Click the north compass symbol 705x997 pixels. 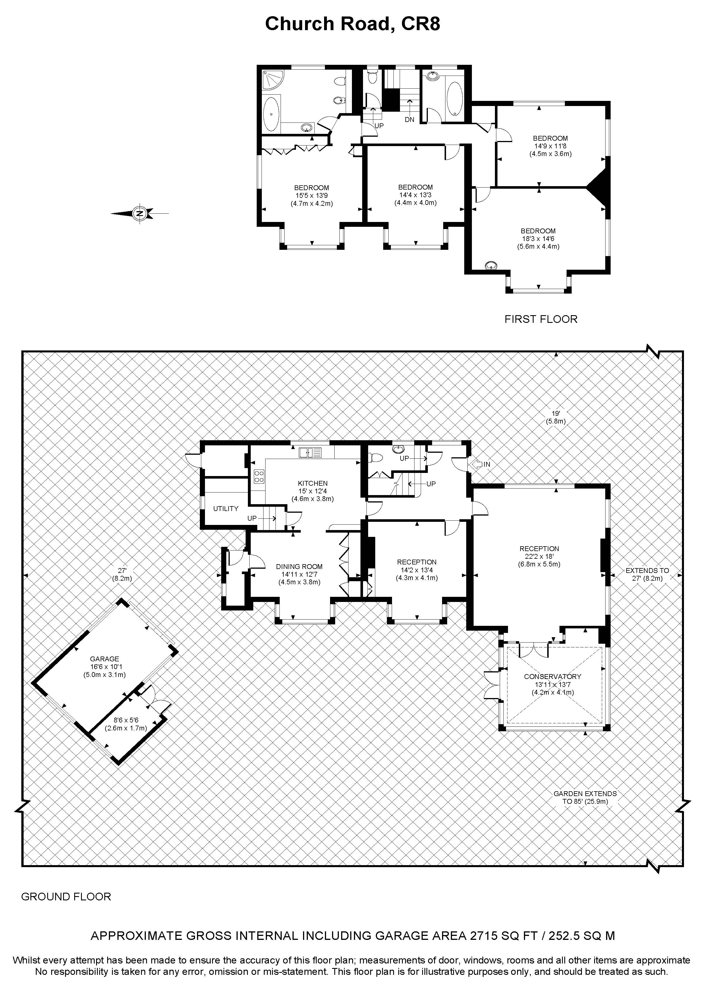tap(139, 213)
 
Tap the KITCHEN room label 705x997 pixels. tap(313, 483)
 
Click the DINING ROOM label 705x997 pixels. tap(299, 566)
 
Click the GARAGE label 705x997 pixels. tap(104, 659)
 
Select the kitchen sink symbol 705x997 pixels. tap(310, 452)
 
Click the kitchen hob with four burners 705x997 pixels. tap(259, 476)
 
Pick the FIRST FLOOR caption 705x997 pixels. tap(541, 319)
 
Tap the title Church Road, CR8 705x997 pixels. tap(353, 24)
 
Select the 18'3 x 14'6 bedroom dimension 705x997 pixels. tap(538, 238)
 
